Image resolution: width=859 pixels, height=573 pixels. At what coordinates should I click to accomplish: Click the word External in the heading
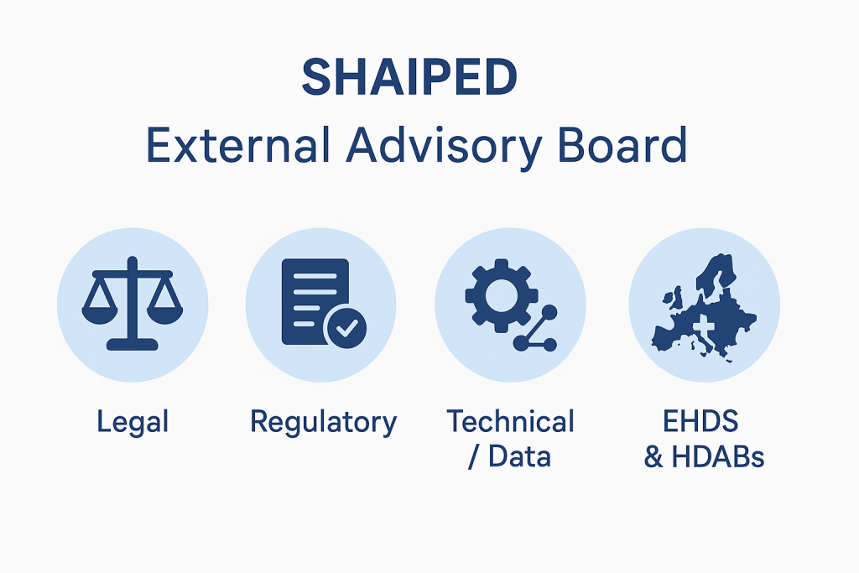click(238, 145)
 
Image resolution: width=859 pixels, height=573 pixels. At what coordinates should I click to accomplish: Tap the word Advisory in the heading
click(445, 148)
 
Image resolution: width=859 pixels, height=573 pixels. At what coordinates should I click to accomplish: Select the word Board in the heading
click(622, 145)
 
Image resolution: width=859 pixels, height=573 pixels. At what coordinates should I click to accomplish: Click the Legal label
click(133, 423)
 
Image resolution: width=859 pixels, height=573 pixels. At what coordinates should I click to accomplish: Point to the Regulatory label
click(323, 423)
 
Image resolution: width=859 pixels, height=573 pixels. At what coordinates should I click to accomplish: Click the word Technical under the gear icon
click(511, 421)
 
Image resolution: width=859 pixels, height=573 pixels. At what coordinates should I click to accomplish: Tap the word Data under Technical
click(519, 456)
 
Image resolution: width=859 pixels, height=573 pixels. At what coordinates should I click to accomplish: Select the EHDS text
click(700, 421)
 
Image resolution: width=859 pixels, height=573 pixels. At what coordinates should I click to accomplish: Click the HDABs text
click(718, 457)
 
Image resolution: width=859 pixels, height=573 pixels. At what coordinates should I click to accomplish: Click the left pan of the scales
click(99, 315)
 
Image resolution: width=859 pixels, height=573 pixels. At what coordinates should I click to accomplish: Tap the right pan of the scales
click(165, 315)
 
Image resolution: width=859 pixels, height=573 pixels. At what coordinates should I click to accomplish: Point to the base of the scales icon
click(132, 345)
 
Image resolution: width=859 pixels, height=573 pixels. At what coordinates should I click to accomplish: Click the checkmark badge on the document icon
click(346, 327)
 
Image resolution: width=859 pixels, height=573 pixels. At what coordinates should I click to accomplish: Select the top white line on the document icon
click(315, 276)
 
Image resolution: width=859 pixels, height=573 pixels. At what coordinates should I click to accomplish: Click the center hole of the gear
click(502, 295)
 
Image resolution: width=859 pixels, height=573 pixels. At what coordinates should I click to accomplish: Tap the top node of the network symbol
click(549, 313)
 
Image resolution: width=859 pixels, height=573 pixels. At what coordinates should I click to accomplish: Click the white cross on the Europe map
click(704, 328)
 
